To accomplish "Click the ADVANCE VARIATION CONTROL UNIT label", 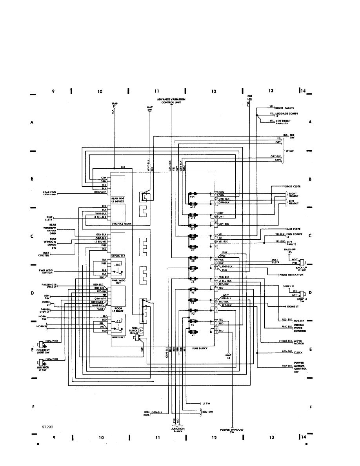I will [171, 101].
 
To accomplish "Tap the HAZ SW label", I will [149, 108].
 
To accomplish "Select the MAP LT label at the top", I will [115, 105].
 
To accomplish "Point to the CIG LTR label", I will [249, 98].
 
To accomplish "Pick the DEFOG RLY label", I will [118, 255].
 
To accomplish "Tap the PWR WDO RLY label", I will [118, 281].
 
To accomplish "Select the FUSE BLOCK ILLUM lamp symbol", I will [141, 332].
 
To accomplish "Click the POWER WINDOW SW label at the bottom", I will [232, 430].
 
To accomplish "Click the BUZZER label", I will [299, 320].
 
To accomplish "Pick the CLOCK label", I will [298, 353].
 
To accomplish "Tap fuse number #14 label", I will [193, 197].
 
